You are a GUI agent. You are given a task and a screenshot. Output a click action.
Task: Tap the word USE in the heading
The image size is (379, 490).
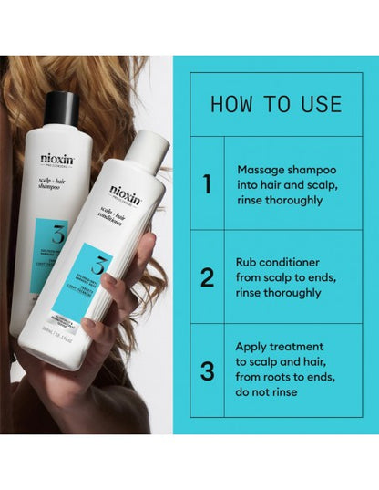tap(322, 103)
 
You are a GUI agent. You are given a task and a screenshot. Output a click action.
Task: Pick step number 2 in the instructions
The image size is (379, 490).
tap(206, 276)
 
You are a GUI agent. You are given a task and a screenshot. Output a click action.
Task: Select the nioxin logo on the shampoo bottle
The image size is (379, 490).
tap(57, 157)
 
